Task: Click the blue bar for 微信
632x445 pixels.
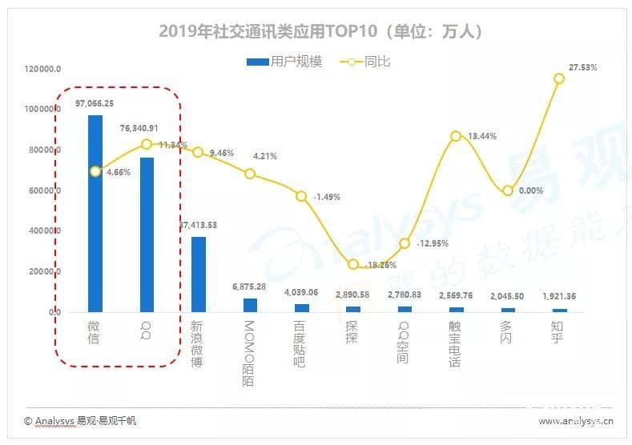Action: pyautogui.click(x=95, y=213)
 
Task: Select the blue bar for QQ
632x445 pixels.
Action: pyautogui.click(x=147, y=234)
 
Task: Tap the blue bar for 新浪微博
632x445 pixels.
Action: pyautogui.click(x=198, y=274)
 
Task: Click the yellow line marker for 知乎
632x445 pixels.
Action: pyautogui.click(x=559, y=78)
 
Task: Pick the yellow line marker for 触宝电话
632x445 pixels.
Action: pyautogui.click(x=456, y=136)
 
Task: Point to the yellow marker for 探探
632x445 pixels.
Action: pyautogui.click(x=353, y=264)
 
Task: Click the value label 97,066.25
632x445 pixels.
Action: pyautogui.click(x=95, y=104)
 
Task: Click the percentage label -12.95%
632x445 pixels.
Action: pyautogui.click(x=432, y=243)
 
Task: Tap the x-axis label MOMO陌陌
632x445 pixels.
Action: pyautogui.click(x=250, y=353)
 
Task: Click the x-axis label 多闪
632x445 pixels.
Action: pyautogui.click(x=507, y=332)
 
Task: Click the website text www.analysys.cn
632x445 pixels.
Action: pyautogui.click(x=575, y=420)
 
